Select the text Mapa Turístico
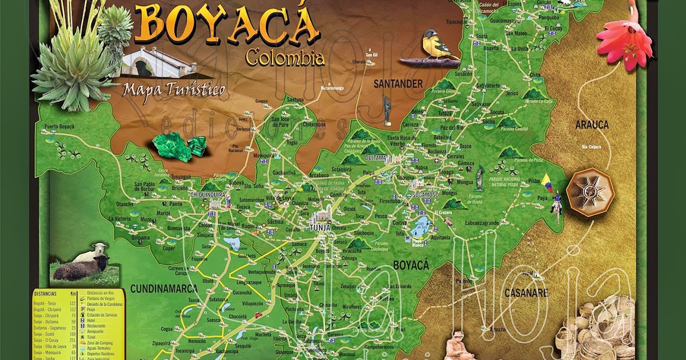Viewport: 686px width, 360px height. [174, 89]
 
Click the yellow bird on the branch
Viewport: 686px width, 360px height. [437, 45]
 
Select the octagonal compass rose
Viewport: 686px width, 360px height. [591, 192]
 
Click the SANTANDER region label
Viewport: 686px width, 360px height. [398, 84]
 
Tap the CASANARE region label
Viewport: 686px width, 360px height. [526, 293]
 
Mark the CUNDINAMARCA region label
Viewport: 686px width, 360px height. [163, 289]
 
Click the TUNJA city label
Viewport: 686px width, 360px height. [320, 227]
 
